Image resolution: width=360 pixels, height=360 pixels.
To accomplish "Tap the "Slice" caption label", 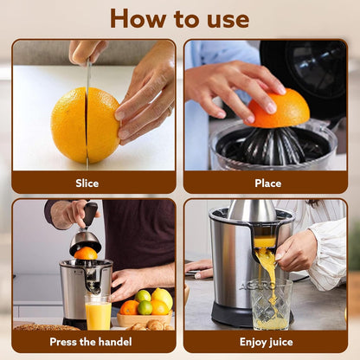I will (87, 183).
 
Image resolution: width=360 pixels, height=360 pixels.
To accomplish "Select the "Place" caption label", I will (267, 183).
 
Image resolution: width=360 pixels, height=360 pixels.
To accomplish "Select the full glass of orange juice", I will (98, 312).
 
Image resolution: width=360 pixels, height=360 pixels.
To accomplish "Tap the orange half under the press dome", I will (86, 253).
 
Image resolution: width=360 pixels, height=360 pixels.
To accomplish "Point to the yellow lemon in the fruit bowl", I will (162, 299).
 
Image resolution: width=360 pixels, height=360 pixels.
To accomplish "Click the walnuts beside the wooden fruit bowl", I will (156, 325).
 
